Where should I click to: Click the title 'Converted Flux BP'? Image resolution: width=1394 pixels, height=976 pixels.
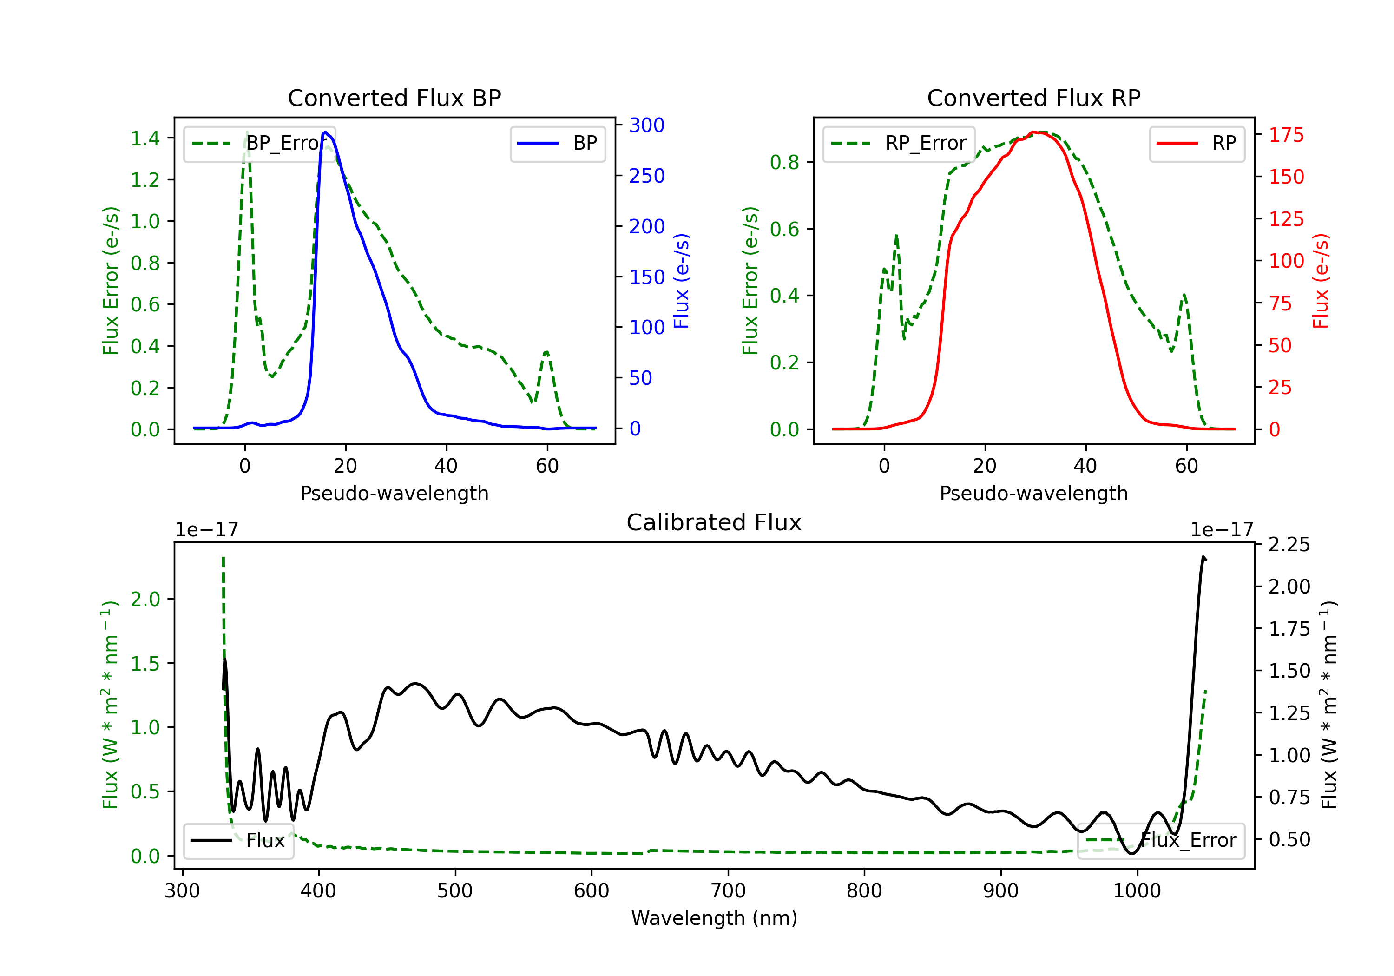click(395, 98)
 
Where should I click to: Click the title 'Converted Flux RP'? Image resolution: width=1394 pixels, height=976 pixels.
click(1034, 98)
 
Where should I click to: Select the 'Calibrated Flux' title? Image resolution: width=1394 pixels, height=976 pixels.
click(714, 522)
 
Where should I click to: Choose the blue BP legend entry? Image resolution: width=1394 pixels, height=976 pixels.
click(557, 143)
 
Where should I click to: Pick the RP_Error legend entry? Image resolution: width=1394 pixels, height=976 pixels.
click(899, 143)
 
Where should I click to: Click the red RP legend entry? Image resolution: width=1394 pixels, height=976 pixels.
click(1197, 143)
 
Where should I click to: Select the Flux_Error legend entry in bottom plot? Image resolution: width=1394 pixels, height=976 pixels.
click(1161, 841)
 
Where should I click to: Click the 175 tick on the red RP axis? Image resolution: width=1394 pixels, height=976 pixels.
click(1286, 135)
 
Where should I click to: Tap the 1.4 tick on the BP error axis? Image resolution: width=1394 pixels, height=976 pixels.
click(145, 138)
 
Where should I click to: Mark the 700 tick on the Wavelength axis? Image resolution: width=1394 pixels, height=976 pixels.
click(728, 891)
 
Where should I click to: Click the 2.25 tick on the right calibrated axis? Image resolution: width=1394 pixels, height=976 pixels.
click(1289, 544)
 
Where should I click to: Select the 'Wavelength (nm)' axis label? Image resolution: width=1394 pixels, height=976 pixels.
click(714, 918)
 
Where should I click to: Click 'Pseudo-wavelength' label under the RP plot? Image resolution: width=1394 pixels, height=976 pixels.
click(1034, 493)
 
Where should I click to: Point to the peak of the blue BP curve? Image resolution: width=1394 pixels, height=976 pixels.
click(325, 132)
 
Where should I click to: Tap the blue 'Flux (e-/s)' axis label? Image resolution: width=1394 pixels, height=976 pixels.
click(682, 281)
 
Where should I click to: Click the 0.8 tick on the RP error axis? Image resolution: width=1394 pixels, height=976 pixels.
click(784, 162)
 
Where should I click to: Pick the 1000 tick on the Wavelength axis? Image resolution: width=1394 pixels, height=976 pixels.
click(1137, 891)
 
